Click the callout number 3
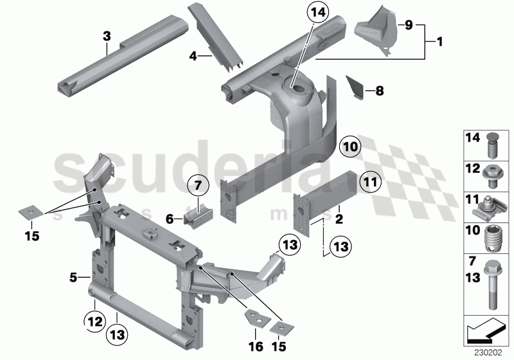click(x=107, y=37)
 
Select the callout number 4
click(x=192, y=56)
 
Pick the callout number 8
click(x=379, y=91)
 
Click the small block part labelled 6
click(x=198, y=217)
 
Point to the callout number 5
click(x=75, y=278)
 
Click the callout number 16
click(x=255, y=348)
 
